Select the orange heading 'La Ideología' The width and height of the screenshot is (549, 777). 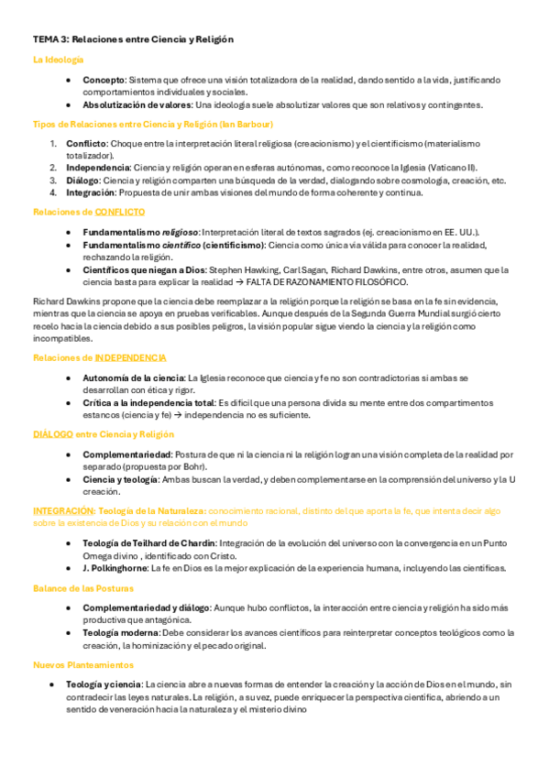pos(59,60)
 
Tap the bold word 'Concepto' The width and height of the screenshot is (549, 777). pos(103,81)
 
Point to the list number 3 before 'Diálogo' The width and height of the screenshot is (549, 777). pos(53,181)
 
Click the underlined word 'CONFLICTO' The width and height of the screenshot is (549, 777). pos(119,212)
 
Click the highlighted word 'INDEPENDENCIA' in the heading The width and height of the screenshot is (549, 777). pos(130,357)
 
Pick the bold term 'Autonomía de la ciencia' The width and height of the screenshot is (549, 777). pos(134,378)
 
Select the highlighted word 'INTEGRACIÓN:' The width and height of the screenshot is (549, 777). pos(63,510)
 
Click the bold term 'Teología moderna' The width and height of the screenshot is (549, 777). pos(120,632)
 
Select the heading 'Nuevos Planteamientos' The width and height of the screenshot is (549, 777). pos(83,664)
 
